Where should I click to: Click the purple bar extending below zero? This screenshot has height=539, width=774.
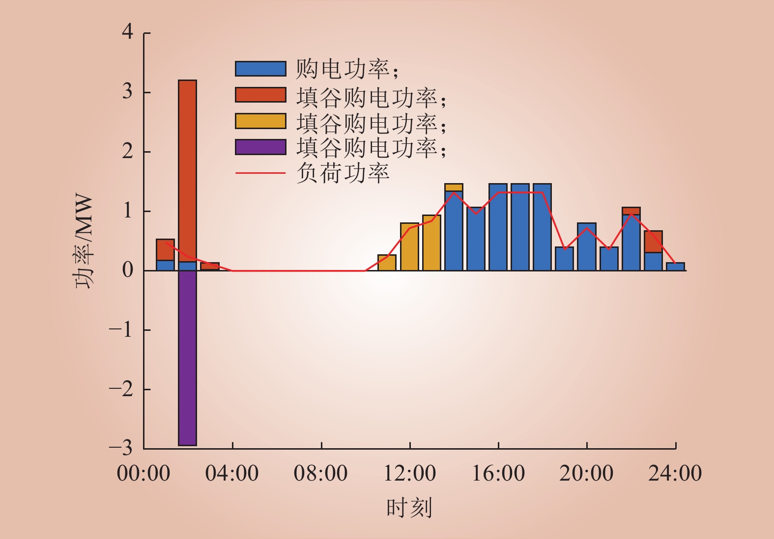[x=188, y=358]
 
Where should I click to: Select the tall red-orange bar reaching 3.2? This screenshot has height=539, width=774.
[x=188, y=171]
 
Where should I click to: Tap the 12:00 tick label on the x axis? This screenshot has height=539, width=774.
[x=410, y=473]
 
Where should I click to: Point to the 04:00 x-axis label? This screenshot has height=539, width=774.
[x=232, y=473]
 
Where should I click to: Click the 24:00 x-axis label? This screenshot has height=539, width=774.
[x=675, y=473]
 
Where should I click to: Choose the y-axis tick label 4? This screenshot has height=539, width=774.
[x=127, y=32]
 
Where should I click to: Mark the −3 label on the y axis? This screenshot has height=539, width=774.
[x=121, y=448]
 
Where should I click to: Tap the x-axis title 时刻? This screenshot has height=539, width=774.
[x=409, y=508]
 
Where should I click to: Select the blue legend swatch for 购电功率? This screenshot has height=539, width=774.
[x=260, y=69]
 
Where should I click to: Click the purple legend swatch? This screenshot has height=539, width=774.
[x=260, y=147]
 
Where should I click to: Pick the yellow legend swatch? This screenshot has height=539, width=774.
[x=260, y=121]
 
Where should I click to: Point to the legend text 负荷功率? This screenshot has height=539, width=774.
[x=343, y=173]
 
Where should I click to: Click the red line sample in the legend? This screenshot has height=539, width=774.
[x=260, y=173]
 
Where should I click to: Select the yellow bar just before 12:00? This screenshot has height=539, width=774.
[x=387, y=263]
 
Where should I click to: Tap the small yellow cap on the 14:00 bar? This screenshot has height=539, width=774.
[x=454, y=188]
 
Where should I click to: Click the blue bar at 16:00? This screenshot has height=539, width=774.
[x=498, y=227]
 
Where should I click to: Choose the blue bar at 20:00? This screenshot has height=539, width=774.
[x=587, y=247]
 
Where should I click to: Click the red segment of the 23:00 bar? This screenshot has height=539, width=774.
[x=653, y=242]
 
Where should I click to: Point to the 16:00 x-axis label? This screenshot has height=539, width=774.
[x=498, y=473]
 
